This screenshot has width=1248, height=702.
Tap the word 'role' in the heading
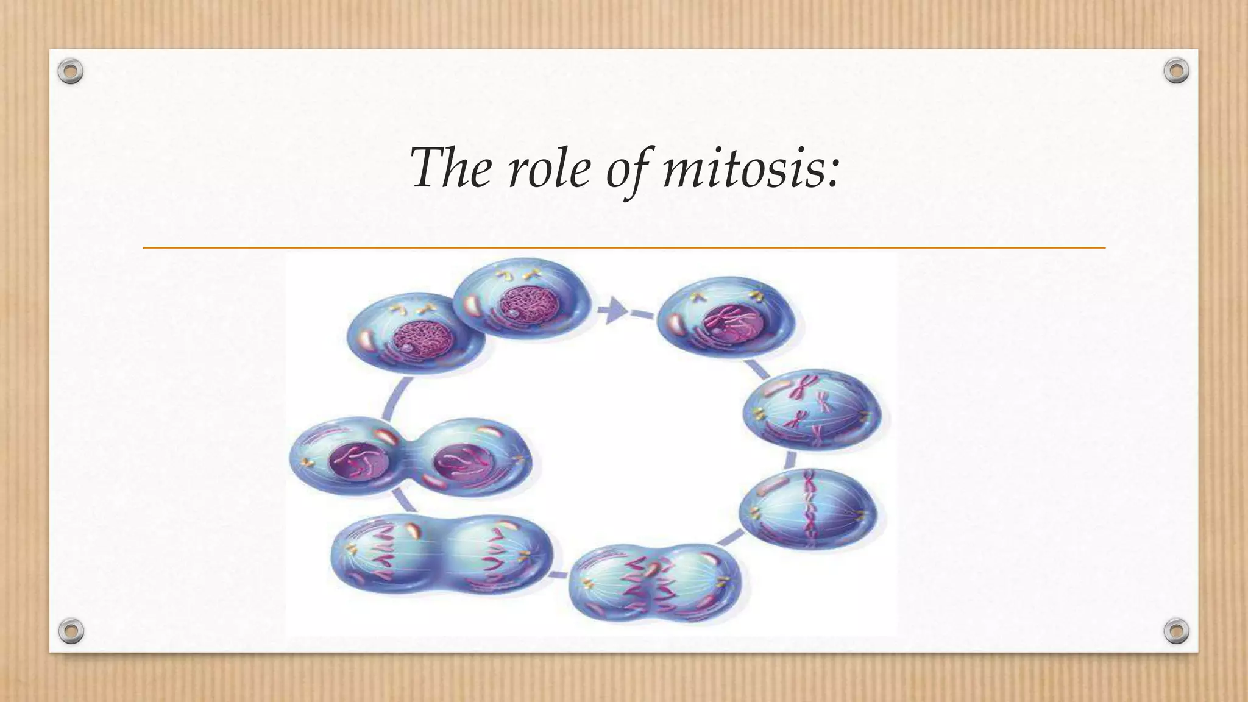(548, 168)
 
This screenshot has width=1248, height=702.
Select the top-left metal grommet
(71, 72)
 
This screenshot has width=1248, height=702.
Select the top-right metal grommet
(1176, 71)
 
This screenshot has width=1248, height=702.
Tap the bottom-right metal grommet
(1176, 630)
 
